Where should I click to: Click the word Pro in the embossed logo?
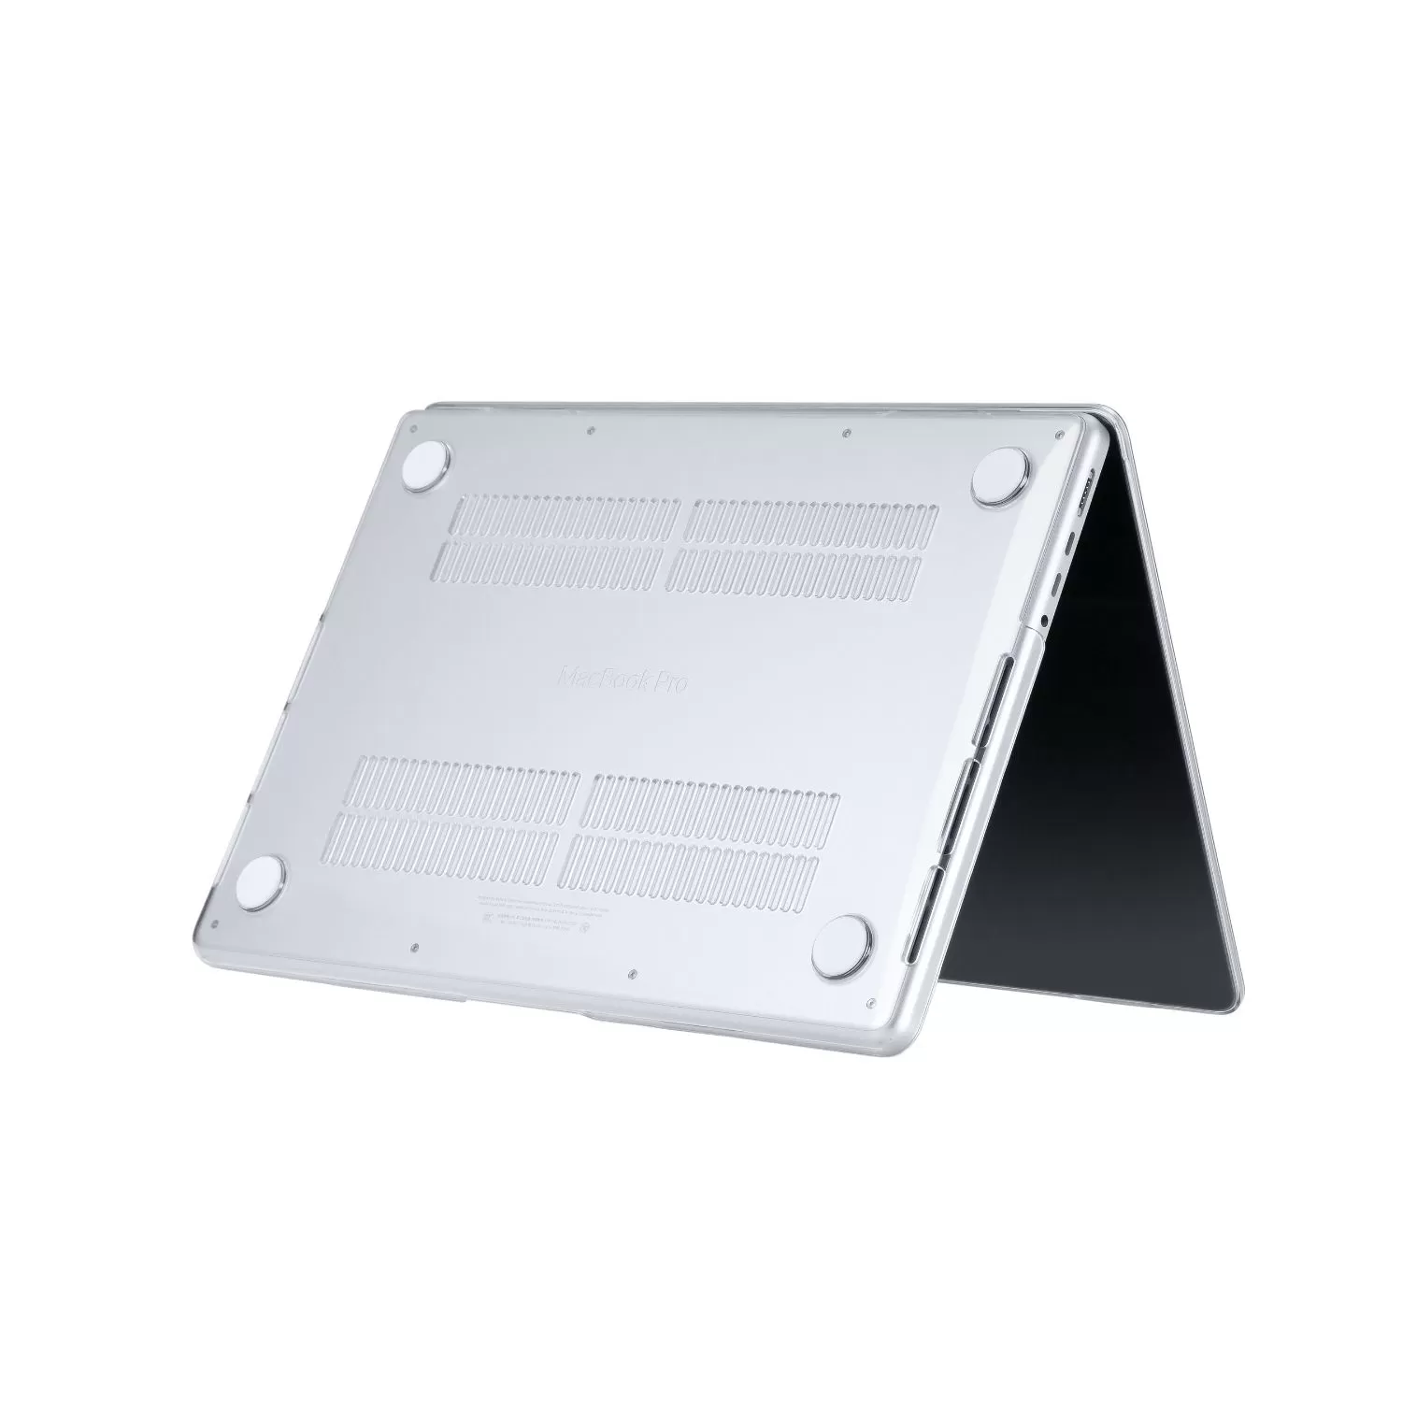(x=668, y=682)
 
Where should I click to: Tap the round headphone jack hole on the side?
(x=1044, y=618)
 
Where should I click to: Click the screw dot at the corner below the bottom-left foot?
(x=216, y=922)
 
